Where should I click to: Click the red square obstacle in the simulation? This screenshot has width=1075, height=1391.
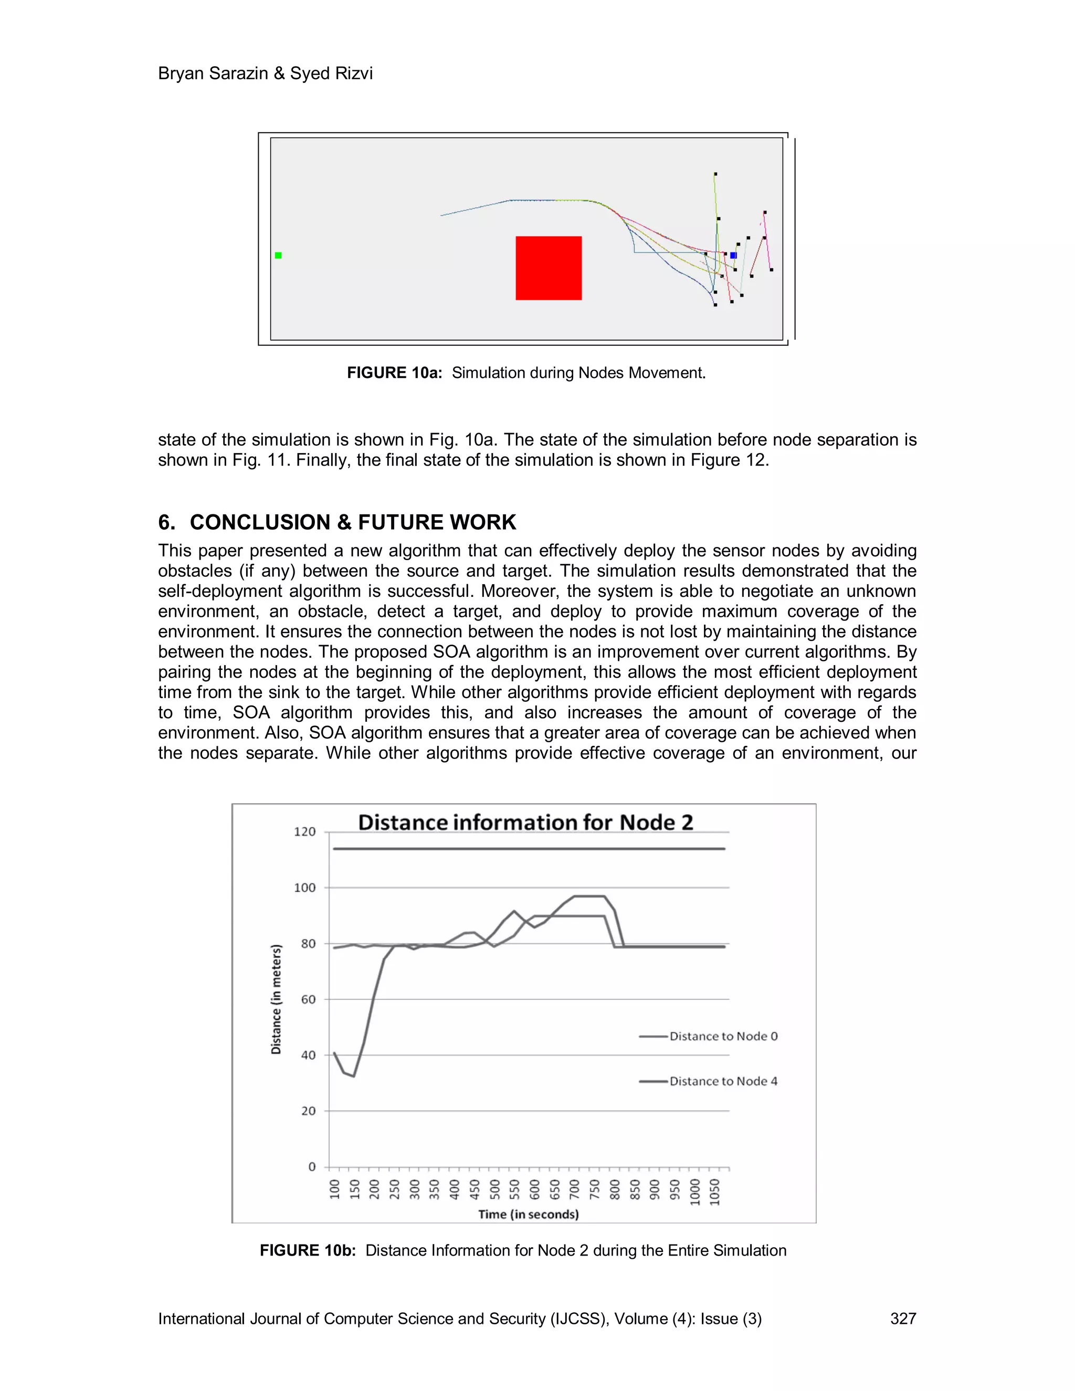click(x=549, y=268)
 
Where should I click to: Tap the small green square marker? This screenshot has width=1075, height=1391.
click(x=278, y=256)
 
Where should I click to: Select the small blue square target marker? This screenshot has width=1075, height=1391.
click(x=733, y=256)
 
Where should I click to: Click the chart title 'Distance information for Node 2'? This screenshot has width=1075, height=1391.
click(x=525, y=822)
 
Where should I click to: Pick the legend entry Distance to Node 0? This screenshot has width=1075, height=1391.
click(x=723, y=1036)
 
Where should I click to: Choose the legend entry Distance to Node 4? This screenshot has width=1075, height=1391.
click(x=723, y=1081)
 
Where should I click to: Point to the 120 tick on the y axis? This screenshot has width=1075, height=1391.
click(x=304, y=832)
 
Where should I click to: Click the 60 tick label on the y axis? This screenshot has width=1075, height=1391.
click(x=308, y=999)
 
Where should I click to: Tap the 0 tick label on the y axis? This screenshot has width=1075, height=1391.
click(x=312, y=1167)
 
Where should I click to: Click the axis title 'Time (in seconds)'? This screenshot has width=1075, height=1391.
click(x=529, y=1214)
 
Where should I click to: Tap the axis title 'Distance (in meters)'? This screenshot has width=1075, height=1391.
click(x=277, y=999)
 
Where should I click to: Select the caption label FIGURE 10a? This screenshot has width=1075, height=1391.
click(x=394, y=373)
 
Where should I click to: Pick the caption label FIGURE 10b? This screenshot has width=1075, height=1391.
click(x=308, y=1250)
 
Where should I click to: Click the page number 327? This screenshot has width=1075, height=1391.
click(x=902, y=1319)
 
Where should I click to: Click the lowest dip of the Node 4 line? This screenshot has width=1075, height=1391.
click(x=353, y=1077)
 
